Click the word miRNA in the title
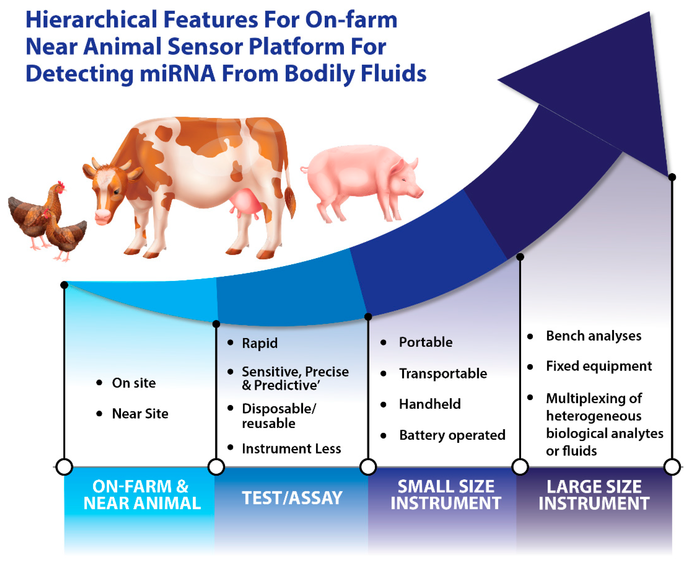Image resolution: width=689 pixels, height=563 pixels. [x=177, y=73]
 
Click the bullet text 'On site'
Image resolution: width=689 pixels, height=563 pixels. [x=134, y=383]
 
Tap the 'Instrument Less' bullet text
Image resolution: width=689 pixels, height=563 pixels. [x=291, y=449]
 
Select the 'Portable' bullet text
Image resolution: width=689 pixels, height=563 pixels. [x=426, y=342]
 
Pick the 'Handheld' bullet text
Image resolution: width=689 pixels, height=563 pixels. [x=430, y=404]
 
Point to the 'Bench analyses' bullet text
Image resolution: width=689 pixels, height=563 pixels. [x=593, y=336]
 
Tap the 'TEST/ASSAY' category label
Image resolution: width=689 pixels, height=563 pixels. [x=292, y=498]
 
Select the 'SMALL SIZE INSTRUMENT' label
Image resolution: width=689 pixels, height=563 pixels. [x=446, y=495]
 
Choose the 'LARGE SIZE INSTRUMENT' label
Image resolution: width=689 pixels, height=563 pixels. [x=594, y=495]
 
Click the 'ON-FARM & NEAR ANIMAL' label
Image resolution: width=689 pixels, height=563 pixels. [x=142, y=495]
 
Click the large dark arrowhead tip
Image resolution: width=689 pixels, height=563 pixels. [x=649, y=12]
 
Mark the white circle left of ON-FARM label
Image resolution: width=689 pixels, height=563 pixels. [x=64, y=467]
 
